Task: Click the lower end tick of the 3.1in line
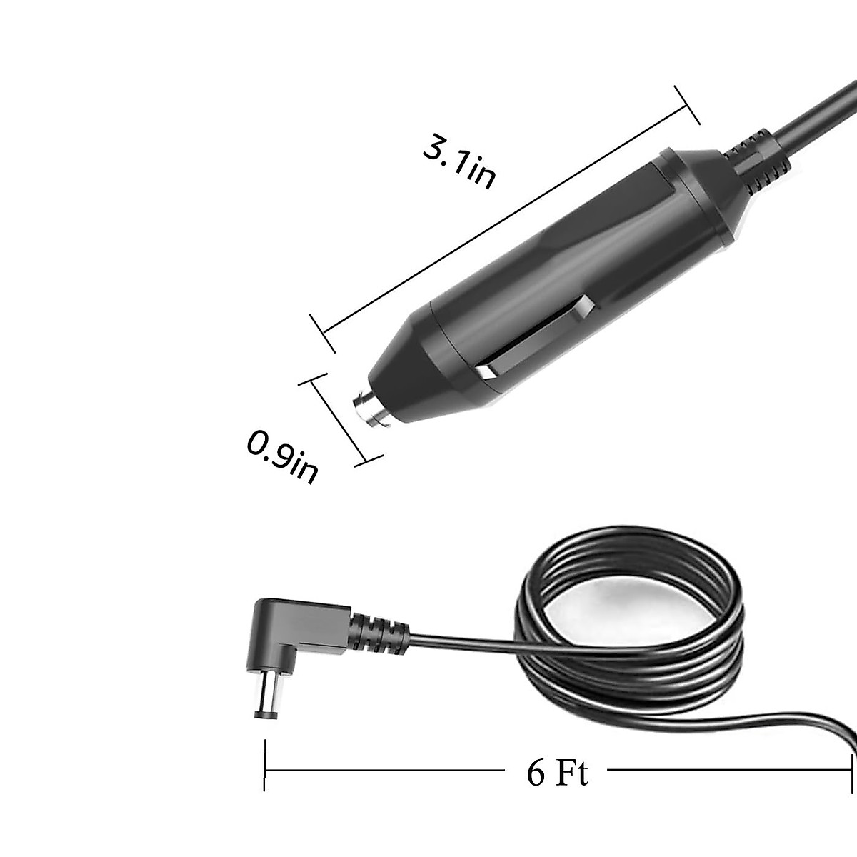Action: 322,333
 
